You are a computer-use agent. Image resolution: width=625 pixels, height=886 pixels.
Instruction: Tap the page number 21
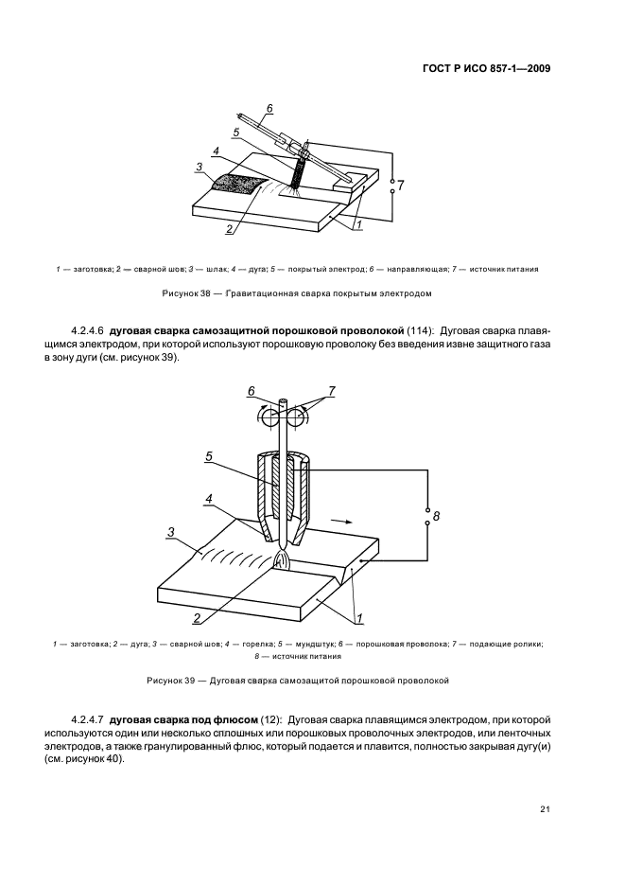(x=546, y=808)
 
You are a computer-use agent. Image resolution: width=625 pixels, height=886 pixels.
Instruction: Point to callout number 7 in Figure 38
(x=400, y=186)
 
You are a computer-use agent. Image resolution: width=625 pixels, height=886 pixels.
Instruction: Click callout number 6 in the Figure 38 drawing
(x=269, y=108)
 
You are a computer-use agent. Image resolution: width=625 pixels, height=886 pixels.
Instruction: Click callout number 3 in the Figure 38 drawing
(x=199, y=167)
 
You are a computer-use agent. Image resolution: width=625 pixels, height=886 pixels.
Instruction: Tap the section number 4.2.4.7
(x=88, y=720)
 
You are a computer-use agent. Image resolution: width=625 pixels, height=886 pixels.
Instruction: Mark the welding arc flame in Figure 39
(x=282, y=559)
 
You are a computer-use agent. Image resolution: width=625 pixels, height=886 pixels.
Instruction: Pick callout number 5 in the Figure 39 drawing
(x=209, y=456)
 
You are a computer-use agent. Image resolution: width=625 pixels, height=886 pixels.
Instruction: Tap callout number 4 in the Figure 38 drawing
(x=217, y=151)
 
